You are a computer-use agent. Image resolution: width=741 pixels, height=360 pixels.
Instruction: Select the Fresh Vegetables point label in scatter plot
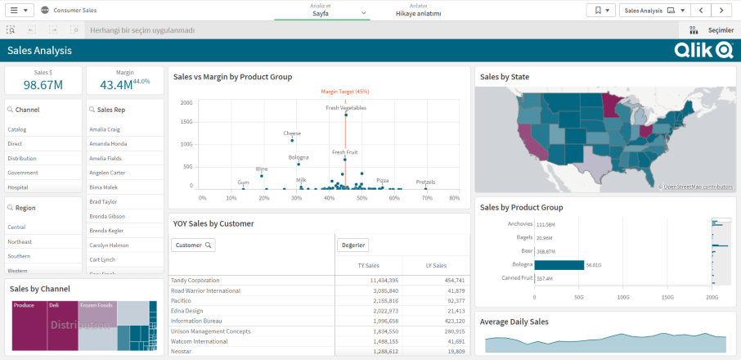pyautogui.click(x=346, y=108)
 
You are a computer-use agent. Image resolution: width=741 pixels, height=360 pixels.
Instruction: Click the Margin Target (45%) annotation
pyautogui.click(x=344, y=92)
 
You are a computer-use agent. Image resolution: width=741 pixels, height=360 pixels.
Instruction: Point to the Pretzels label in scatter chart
pyautogui.click(x=425, y=182)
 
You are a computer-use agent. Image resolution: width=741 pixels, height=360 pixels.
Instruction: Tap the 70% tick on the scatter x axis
pyautogui.click(x=424, y=197)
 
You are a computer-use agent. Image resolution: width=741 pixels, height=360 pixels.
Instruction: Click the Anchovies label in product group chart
pyautogui.click(x=519, y=223)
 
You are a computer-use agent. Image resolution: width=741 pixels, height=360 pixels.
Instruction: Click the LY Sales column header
pyautogui.click(x=435, y=266)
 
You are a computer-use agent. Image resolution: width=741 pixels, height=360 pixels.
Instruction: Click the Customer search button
pyautogui.click(x=193, y=245)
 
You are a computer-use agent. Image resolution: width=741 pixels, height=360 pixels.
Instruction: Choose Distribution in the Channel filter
pyautogui.click(x=22, y=159)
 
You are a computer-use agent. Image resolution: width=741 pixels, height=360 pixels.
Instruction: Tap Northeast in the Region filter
pyautogui.click(x=20, y=242)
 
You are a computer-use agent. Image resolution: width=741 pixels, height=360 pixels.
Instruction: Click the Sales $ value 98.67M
pyautogui.click(x=43, y=85)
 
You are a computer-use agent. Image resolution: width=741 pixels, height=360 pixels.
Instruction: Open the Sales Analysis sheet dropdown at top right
pyautogui.click(x=653, y=11)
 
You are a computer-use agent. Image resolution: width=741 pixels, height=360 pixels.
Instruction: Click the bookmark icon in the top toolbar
pyautogui.click(x=600, y=11)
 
